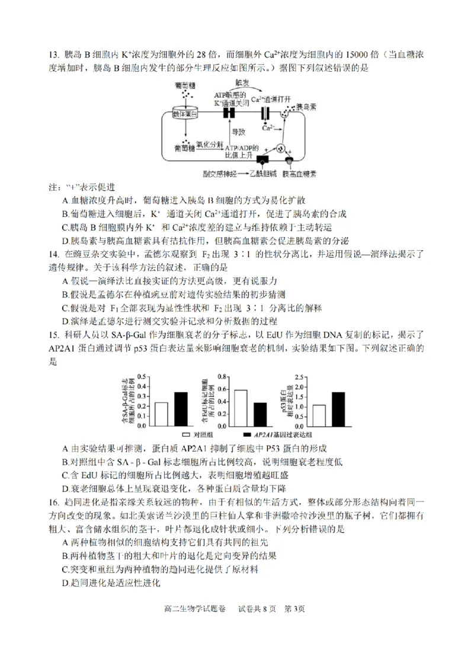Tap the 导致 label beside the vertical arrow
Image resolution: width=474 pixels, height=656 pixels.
238,131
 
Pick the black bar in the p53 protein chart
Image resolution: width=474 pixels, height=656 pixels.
338,409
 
